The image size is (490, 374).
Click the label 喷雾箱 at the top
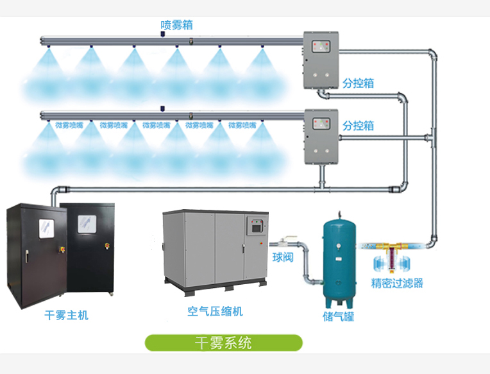point(176,25)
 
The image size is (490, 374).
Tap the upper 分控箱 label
point(358,83)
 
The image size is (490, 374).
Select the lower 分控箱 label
point(358,126)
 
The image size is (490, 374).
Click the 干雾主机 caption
point(66,315)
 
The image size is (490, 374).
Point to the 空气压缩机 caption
point(215,311)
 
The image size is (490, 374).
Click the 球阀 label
point(282,258)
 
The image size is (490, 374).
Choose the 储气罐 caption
point(338,316)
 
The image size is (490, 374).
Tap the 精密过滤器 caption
point(397,283)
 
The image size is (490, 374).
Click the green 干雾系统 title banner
point(223,343)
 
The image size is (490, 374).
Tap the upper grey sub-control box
point(320,61)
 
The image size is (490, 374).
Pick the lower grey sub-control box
point(320,135)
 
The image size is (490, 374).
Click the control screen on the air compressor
point(257,226)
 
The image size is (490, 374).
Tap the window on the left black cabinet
point(46,228)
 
